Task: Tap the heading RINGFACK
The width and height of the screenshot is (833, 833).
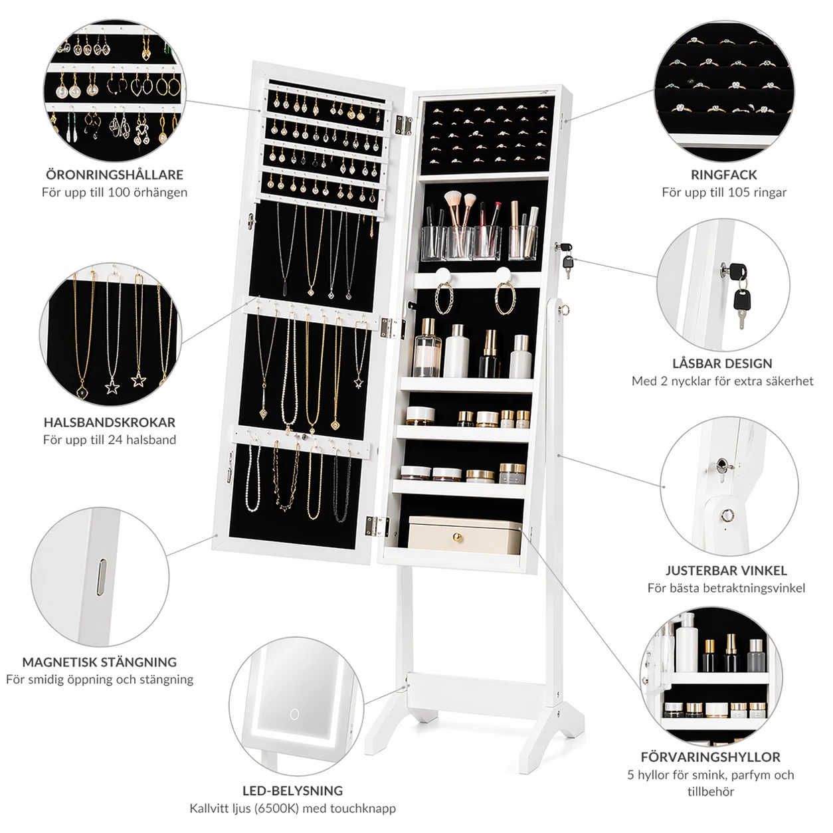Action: (723, 175)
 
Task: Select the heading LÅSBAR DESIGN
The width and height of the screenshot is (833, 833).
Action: (722, 363)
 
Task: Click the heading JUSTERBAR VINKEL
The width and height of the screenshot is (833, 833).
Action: (726, 570)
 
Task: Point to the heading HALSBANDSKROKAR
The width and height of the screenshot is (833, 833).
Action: (110, 422)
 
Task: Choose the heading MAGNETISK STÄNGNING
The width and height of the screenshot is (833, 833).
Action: (100, 662)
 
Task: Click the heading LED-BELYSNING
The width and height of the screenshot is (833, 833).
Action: (292, 790)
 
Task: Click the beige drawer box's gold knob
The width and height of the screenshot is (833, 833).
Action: (457, 537)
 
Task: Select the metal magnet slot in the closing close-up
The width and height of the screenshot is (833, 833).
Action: (102, 577)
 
